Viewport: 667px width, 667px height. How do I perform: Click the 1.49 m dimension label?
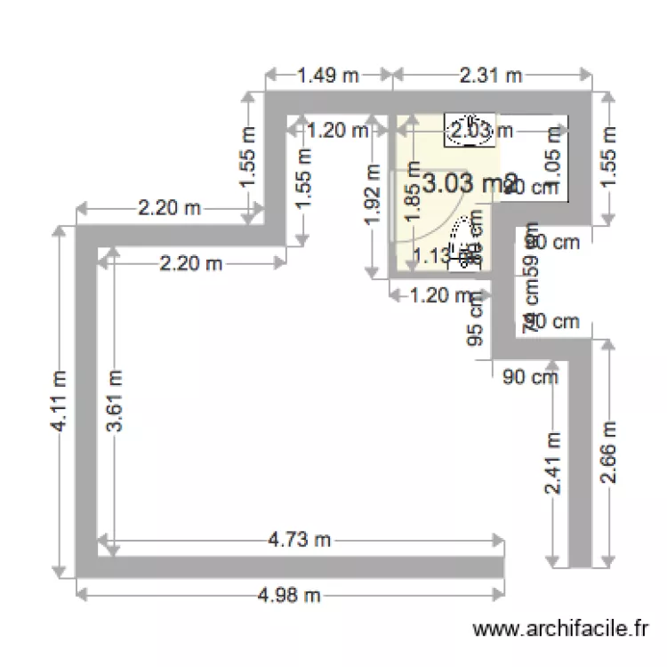pyautogui.click(x=328, y=76)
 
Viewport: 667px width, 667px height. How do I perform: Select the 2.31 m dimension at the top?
pyautogui.click(x=490, y=76)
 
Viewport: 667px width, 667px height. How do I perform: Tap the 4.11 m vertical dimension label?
pyautogui.click(x=60, y=401)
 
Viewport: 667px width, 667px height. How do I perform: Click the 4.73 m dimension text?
pyautogui.click(x=299, y=539)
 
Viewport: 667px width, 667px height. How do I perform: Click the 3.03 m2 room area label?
pyautogui.click(x=469, y=184)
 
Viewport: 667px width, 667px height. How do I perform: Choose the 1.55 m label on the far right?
pyautogui.click(x=609, y=156)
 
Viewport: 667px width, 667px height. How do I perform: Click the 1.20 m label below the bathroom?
pyautogui.click(x=438, y=295)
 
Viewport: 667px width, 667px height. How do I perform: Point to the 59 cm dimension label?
pyautogui.click(x=532, y=262)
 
